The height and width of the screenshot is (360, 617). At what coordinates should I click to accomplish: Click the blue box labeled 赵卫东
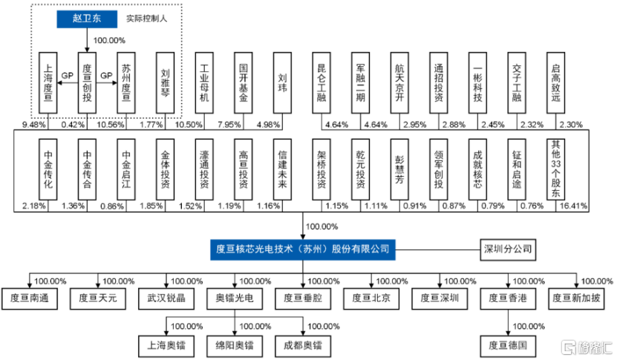[x=87, y=19]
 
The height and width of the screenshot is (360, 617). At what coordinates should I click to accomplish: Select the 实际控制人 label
[x=146, y=19]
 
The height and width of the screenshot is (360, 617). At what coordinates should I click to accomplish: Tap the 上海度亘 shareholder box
[x=48, y=83]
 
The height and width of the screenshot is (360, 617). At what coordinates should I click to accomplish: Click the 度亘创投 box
[x=87, y=83]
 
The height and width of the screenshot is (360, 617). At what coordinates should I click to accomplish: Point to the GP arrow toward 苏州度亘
[x=107, y=82]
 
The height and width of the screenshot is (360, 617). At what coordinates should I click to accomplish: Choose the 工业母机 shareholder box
[x=204, y=83]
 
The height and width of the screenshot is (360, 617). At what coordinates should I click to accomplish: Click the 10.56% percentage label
[x=111, y=125]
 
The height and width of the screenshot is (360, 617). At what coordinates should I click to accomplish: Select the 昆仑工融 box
[x=321, y=83]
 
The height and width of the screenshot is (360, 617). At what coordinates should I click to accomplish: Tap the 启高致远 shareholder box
[x=555, y=83]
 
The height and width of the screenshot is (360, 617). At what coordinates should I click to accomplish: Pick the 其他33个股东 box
[x=555, y=169]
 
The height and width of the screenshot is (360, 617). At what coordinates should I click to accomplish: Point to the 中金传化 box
[x=48, y=169]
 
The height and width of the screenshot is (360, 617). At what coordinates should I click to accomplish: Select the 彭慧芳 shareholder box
[x=399, y=169]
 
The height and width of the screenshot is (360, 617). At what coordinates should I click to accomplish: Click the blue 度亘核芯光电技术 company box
[x=303, y=249]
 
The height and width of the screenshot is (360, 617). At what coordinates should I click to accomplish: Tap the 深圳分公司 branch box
[x=508, y=249]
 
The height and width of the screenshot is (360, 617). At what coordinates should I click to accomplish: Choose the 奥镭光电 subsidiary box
[x=235, y=298]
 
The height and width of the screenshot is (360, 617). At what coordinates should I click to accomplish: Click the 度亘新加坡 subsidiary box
[x=576, y=298]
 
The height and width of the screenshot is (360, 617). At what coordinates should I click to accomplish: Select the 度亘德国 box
[x=508, y=346]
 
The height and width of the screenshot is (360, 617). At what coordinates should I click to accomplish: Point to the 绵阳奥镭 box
[x=235, y=346]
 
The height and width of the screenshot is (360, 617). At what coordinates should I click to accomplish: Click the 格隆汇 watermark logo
[x=587, y=347]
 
